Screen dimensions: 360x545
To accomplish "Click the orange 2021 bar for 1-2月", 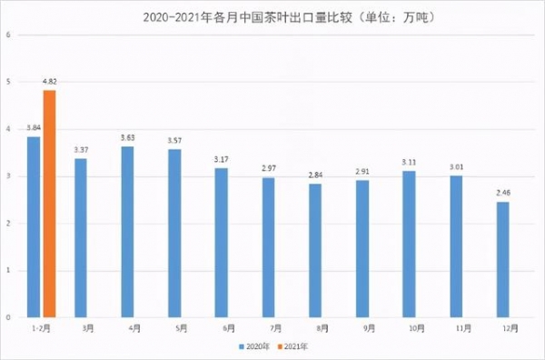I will click(49, 204).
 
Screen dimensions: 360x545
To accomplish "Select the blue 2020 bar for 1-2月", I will click(34, 226).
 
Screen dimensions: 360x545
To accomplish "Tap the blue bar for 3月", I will click(81, 237).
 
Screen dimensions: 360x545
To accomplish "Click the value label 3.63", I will click(128, 138).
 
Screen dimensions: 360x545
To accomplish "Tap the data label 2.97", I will click(268, 170).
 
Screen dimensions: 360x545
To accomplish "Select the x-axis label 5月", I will click(176, 327).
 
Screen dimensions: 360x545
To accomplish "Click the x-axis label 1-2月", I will click(41, 327).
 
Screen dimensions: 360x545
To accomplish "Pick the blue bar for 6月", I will click(221, 242).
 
